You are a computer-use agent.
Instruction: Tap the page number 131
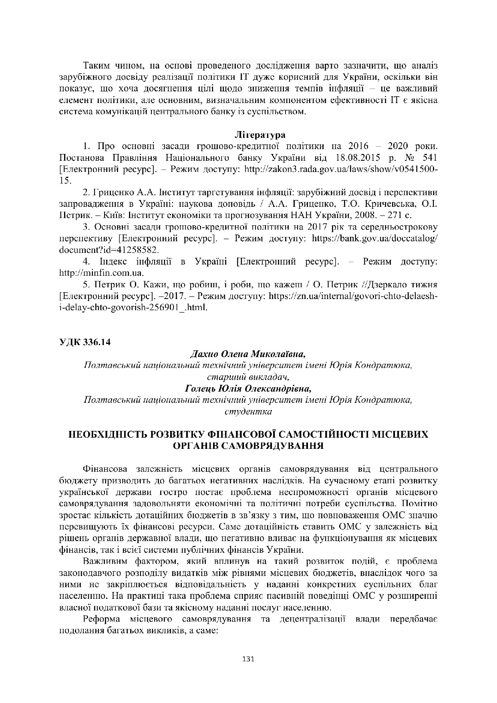(x=249, y=659)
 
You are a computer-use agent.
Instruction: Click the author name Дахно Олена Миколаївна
(x=248, y=354)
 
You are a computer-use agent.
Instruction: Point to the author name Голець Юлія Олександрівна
(x=248, y=388)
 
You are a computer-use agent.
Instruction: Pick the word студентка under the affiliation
(x=248, y=411)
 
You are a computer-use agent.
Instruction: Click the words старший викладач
(x=248, y=377)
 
